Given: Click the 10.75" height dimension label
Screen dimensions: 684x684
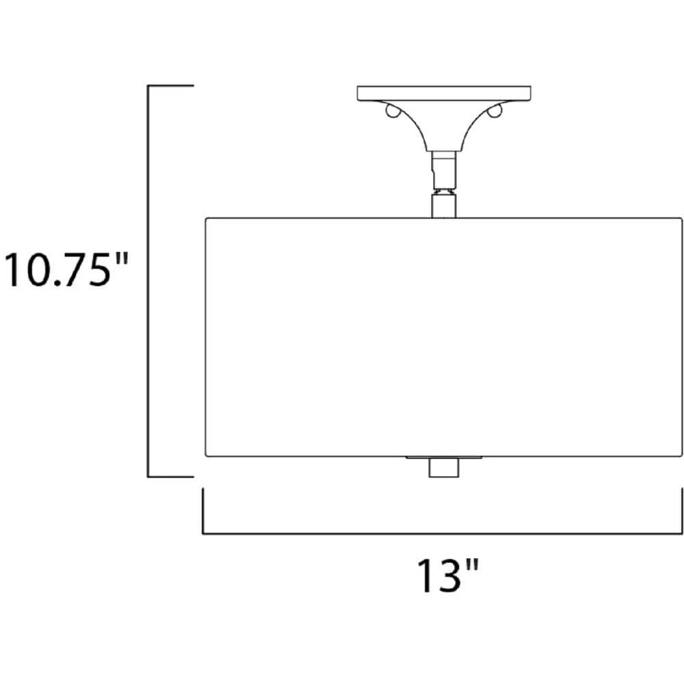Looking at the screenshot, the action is coord(66,269).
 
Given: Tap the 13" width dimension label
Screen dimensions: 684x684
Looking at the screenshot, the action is coord(449,575).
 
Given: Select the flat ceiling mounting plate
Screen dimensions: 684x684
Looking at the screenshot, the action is coord(444,94).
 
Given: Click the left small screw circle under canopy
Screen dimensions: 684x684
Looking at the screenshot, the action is coord(392,112).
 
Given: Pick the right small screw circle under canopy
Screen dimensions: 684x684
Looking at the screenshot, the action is coord(495,112).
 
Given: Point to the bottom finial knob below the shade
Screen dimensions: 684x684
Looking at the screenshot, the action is coord(443,468).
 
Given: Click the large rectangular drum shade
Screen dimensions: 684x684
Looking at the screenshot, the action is coord(444,337).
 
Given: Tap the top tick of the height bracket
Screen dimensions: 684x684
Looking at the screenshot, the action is coord(170,86).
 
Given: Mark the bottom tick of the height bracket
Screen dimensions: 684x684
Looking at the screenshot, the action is coord(170,477).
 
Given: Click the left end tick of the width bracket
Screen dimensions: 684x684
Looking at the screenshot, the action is coord(203,510).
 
